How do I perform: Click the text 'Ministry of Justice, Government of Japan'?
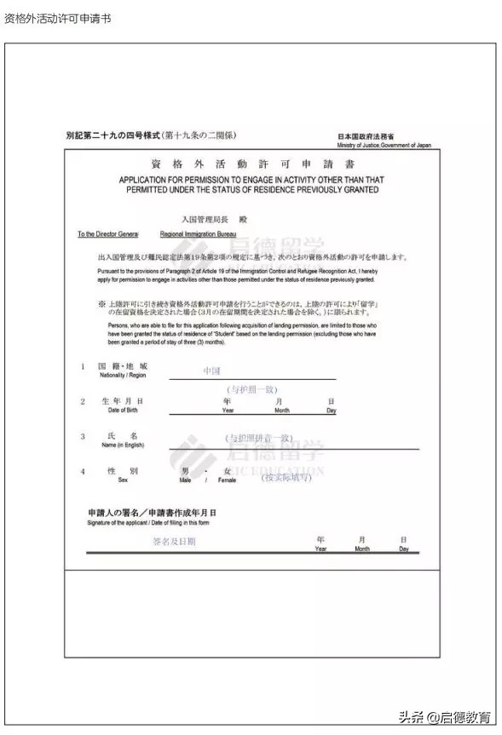tap(384, 146)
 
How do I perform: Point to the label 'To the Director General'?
tap(107, 234)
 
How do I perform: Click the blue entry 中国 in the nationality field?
tap(211, 371)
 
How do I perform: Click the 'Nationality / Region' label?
tap(124, 376)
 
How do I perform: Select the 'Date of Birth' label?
tap(122, 411)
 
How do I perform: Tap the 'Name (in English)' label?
tap(123, 445)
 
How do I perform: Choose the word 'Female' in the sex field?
tap(228, 480)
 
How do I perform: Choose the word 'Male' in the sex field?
tap(185, 480)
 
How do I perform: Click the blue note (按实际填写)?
tap(286, 477)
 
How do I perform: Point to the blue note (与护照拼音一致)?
tap(259, 438)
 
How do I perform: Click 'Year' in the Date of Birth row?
tap(228, 411)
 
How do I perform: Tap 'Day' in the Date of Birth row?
tap(332, 411)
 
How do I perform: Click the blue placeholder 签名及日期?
tap(174, 541)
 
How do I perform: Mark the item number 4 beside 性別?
tap(83, 472)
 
